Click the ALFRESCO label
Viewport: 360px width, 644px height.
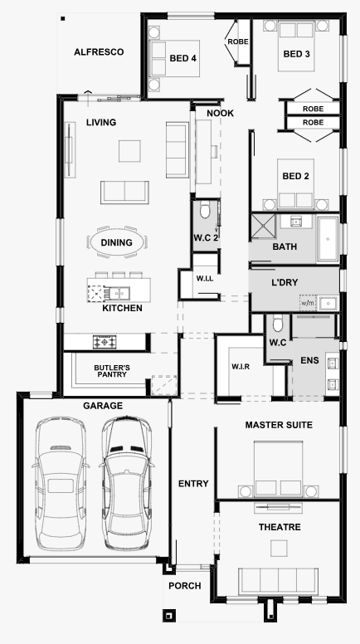99,52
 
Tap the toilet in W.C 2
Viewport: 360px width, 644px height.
205,210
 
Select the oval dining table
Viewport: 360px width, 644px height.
117,242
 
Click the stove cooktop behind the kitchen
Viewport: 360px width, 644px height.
105,342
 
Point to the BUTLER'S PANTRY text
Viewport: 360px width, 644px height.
112,371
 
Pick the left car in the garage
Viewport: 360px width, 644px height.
61,483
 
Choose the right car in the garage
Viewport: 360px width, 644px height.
126,483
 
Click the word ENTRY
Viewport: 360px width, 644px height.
193,484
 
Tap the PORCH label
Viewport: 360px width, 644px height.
185,586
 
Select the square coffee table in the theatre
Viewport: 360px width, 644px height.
279,548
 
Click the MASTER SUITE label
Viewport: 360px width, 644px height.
279,425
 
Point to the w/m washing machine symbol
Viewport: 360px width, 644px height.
308,303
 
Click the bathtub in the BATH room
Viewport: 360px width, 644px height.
328,239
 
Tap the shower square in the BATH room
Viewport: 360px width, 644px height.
263,226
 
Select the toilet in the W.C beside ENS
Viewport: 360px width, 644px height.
278,323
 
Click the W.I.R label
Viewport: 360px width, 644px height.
241,367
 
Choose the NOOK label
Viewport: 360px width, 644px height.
220,114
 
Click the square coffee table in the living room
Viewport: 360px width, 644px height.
129,151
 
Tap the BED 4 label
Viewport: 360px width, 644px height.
183,58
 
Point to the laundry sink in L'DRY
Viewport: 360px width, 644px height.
328,304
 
